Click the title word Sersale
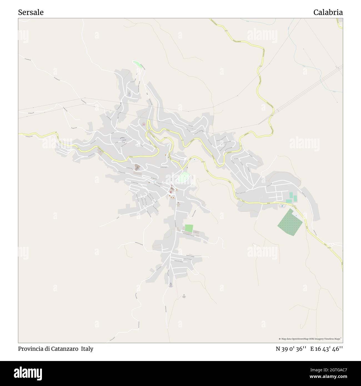click(31, 12)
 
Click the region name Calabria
click(328, 12)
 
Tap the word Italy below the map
click(87, 349)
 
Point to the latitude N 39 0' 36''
click(291, 349)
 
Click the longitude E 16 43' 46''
click(327, 349)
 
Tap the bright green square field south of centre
click(189, 229)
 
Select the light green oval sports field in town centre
click(183, 177)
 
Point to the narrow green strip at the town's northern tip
click(137, 64)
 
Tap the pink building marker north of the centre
click(144, 124)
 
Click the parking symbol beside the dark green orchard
click(296, 215)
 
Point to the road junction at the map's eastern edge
click(330, 245)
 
